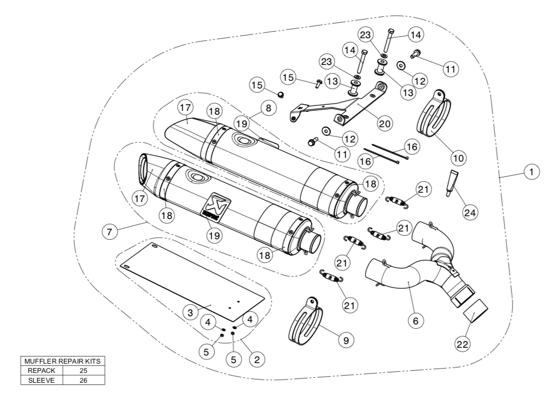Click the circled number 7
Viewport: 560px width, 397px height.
coord(109,232)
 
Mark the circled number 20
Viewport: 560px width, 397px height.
coord(385,123)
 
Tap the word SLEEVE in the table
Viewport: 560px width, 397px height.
coord(42,380)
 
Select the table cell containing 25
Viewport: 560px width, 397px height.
coord(84,370)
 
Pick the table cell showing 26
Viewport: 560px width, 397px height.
coord(84,380)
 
